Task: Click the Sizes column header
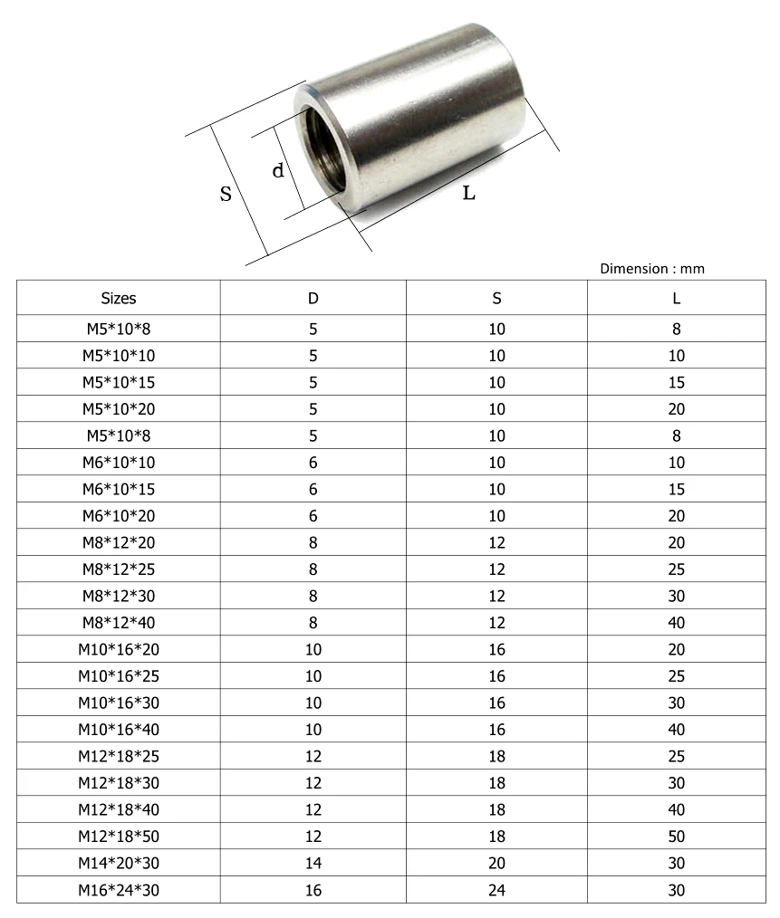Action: (119, 298)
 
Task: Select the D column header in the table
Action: (313, 298)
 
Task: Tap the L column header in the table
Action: (676, 298)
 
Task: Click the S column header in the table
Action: (496, 298)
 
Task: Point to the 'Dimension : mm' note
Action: (651, 268)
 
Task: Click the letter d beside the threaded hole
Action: (279, 169)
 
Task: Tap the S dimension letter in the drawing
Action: (226, 193)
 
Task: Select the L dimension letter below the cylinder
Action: (468, 193)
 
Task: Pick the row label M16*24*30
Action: (119, 890)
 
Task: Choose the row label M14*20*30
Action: (119, 863)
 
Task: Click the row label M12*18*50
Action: (119, 837)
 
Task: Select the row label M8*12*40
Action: (119, 623)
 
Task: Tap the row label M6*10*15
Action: (119, 489)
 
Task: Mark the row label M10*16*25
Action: (119, 676)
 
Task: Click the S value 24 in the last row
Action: (496, 890)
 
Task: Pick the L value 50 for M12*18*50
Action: (676, 837)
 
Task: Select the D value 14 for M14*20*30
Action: (313, 863)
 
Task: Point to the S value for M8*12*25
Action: (496, 569)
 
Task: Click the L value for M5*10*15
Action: (676, 382)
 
